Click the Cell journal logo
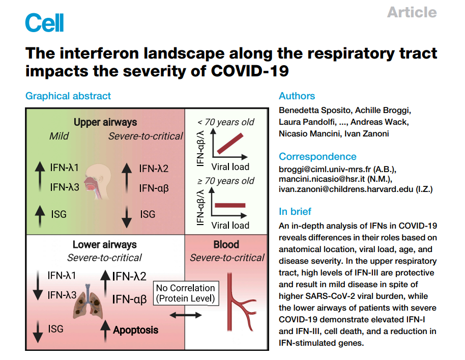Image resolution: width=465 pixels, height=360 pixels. click(x=44, y=23)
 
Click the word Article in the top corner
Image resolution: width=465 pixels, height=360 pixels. click(x=412, y=12)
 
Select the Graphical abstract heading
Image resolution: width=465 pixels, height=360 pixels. click(x=68, y=95)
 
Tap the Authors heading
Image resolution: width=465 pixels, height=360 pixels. click(x=297, y=96)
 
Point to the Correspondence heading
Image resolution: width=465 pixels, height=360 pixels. click(x=317, y=156)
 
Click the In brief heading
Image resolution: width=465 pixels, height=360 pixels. click(x=295, y=211)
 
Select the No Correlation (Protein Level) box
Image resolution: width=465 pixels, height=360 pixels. click(x=186, y=293)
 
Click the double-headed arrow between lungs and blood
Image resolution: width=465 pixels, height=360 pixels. click(x=185, y=316)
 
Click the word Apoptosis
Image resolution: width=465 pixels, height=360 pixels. click(x=135, y=330)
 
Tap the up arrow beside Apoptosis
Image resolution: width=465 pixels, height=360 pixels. click(x=105, y=330)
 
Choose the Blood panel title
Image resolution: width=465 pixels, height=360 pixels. click(x=226, y=244)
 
